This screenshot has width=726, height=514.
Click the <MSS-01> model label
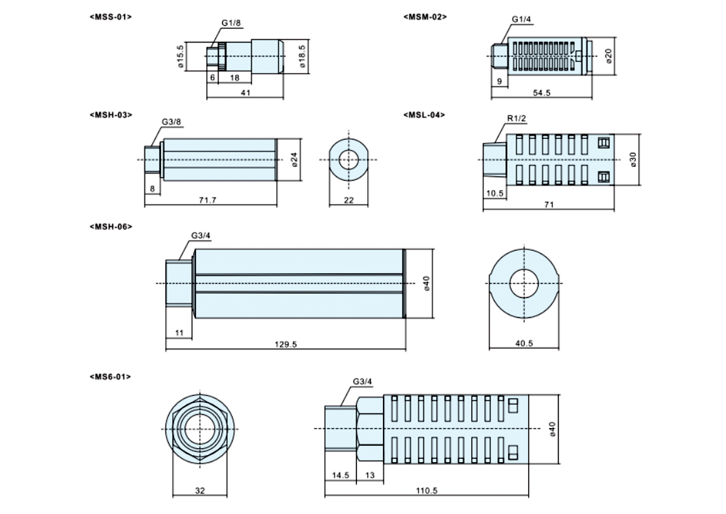[x=110, y=16]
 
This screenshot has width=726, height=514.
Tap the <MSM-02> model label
[x=425, y=16]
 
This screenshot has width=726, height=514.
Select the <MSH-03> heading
[x=110, y=114]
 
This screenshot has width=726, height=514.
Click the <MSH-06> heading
[x=110, y=227]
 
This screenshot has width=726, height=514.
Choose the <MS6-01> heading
[x=110, y=377]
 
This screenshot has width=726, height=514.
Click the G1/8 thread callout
[x=231, y=23]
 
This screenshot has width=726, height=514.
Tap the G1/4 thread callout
[x=521, y=19]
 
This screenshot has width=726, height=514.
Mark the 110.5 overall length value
[x=427, y=491]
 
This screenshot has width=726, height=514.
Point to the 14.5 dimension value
[x=341, y=475]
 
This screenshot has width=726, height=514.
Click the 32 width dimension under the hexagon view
[x=200, y=491]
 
